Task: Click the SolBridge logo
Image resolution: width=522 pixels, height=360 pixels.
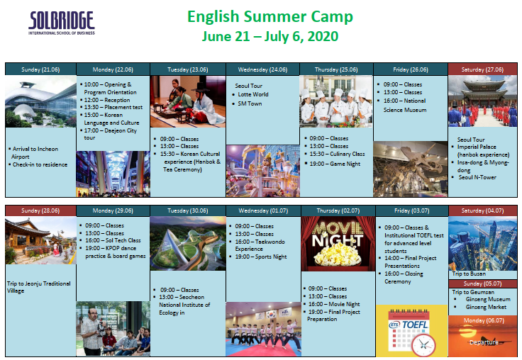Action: [x=62, y=23]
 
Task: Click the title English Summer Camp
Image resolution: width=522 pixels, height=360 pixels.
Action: [x=270, y=16]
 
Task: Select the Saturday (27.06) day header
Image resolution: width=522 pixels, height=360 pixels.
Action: [x=482, y=69]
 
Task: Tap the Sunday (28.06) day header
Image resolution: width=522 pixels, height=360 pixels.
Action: [x=40, y=210]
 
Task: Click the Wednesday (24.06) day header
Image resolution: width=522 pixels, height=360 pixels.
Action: [x=262, y=69]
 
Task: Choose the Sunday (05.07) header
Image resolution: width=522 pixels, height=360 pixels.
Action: [x=482, y=283]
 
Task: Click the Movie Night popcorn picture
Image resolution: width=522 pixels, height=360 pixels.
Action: [x=338, y=244]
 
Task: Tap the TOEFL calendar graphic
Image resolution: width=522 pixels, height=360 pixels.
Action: [x=412, y=331]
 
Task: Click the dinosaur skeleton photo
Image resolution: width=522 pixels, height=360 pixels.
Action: [x=411, y=169]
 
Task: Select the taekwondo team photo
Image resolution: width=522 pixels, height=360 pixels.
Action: [x=263, y=329]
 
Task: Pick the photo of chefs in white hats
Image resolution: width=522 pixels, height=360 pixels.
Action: [x=336, y=101]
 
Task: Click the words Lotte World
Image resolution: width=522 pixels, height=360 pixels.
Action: [x=253, y=94]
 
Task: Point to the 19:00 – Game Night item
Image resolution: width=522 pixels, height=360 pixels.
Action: [x=335, y=164]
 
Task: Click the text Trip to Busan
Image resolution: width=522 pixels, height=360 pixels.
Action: [x=469, y=274]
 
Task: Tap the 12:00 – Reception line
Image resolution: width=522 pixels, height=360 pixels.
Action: [x=107, y=100]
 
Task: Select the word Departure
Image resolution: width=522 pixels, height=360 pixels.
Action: [x=484, y=342]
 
